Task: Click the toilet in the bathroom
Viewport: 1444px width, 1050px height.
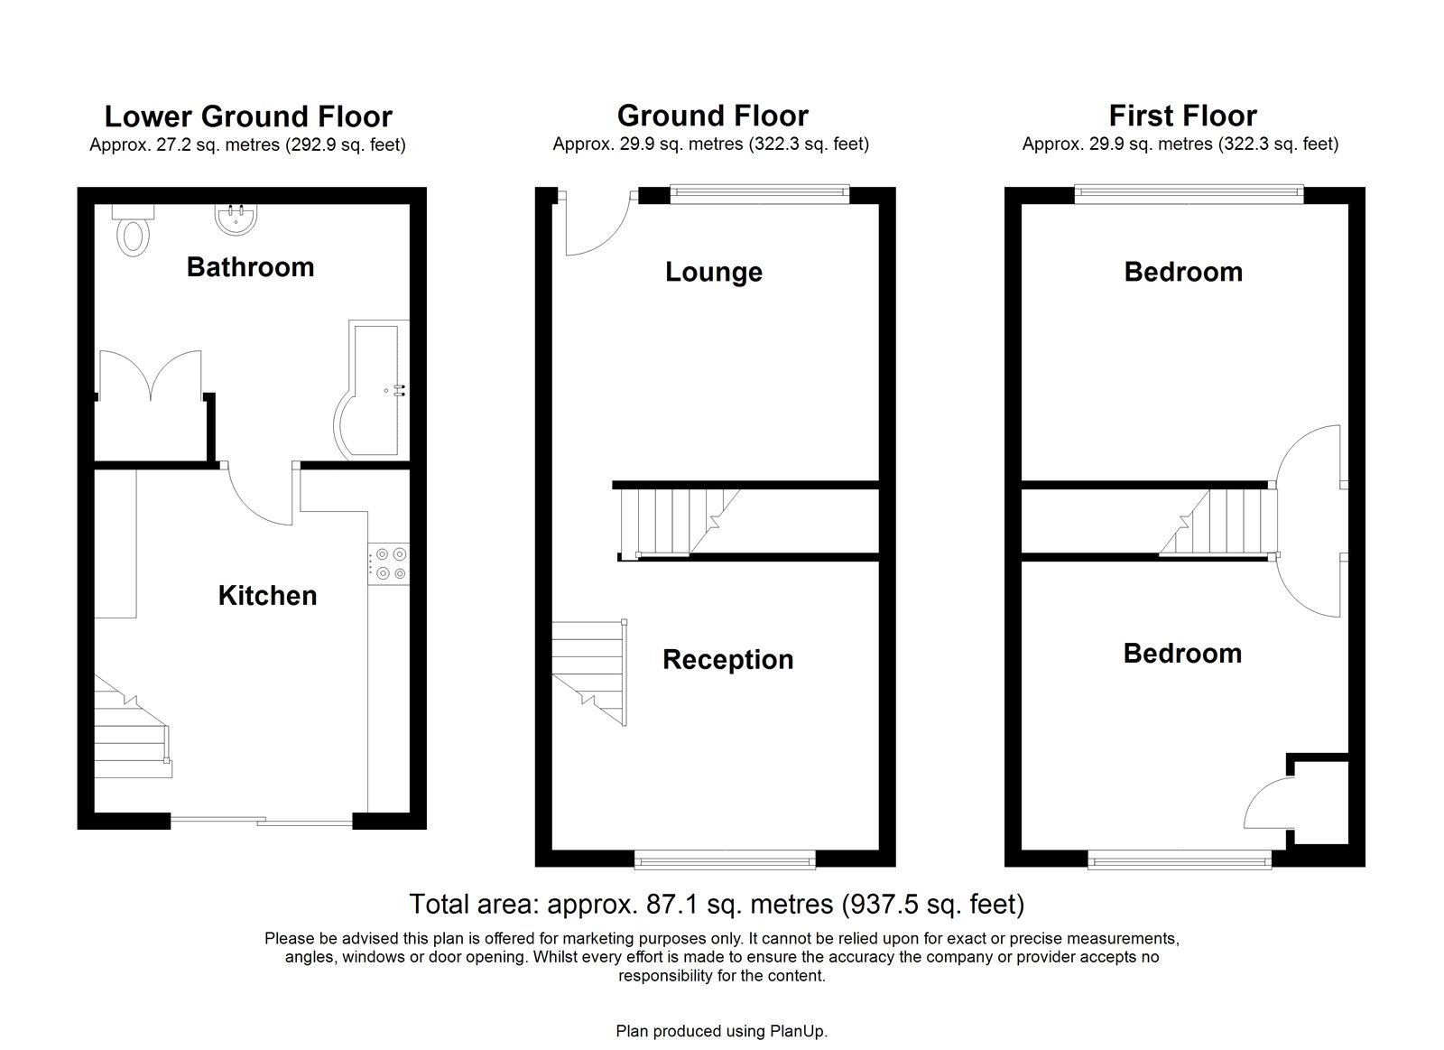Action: tap(134, 233)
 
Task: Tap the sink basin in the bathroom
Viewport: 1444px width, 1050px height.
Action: tap(235, 218)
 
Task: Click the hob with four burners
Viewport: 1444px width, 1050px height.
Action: tap(389, 563)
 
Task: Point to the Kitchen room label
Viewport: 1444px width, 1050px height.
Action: tap(267, 595)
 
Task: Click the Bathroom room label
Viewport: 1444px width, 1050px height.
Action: tap(250, 267)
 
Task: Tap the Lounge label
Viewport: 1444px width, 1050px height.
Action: tap(713, 272)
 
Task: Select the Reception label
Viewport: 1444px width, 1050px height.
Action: tap(727, 659)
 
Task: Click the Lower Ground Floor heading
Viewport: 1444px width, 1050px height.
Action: tap(248, 116)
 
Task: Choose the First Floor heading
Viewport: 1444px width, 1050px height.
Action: tap(1182, 116)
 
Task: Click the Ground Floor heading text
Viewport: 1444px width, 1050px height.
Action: tap(712, 116)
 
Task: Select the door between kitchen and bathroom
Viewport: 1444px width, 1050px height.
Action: tap(260, 497)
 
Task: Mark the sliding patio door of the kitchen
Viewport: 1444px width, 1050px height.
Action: tap(262, 821)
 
